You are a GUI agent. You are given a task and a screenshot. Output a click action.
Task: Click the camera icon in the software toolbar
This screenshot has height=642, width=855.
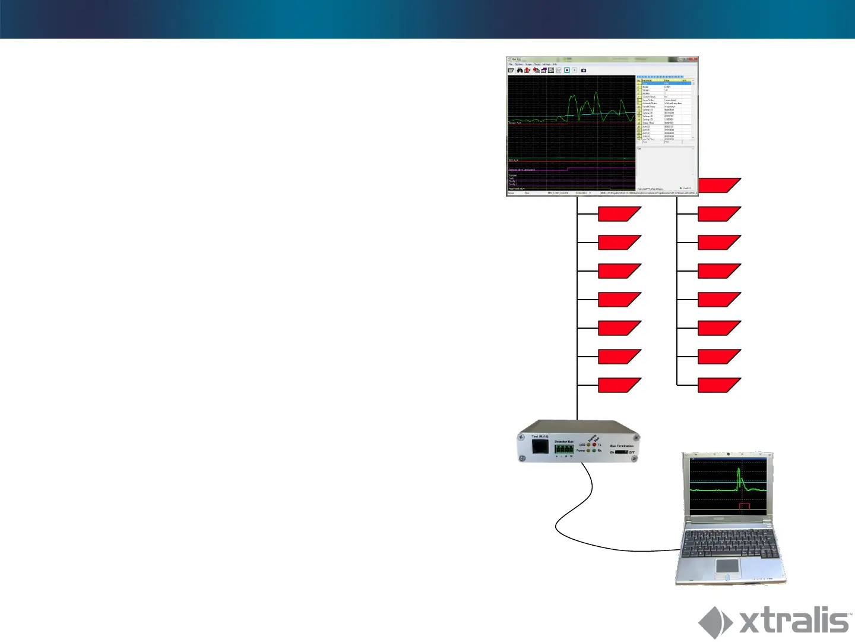point(584,70)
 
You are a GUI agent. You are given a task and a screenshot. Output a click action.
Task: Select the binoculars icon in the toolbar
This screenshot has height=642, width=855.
point(520,70)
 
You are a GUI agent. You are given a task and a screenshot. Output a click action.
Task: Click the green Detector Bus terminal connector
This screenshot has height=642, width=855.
point(564,450)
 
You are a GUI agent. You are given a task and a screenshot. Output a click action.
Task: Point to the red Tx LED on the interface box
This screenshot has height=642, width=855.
point(594,445)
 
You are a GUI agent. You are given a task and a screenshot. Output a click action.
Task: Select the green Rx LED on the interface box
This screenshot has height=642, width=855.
point(594,451)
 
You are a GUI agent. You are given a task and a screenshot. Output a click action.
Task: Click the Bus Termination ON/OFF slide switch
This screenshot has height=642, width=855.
point(621,452)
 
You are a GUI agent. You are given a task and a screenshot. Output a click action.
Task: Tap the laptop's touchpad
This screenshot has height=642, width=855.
point(727,565)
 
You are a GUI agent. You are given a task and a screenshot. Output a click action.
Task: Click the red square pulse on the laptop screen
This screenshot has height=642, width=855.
point(745,506)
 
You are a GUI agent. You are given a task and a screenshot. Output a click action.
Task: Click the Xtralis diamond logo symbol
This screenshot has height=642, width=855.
point(715,622)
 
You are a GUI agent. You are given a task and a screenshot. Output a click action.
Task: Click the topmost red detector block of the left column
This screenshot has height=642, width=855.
point(619,214)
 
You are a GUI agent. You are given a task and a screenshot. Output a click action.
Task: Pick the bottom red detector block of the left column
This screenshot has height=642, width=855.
point(619,385)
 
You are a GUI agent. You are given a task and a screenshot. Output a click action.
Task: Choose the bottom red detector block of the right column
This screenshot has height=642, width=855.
point(719,385)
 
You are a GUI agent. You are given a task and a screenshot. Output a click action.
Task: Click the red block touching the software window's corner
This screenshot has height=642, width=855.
point(719,185)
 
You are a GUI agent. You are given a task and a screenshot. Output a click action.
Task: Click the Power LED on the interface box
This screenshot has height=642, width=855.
point(588,451)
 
